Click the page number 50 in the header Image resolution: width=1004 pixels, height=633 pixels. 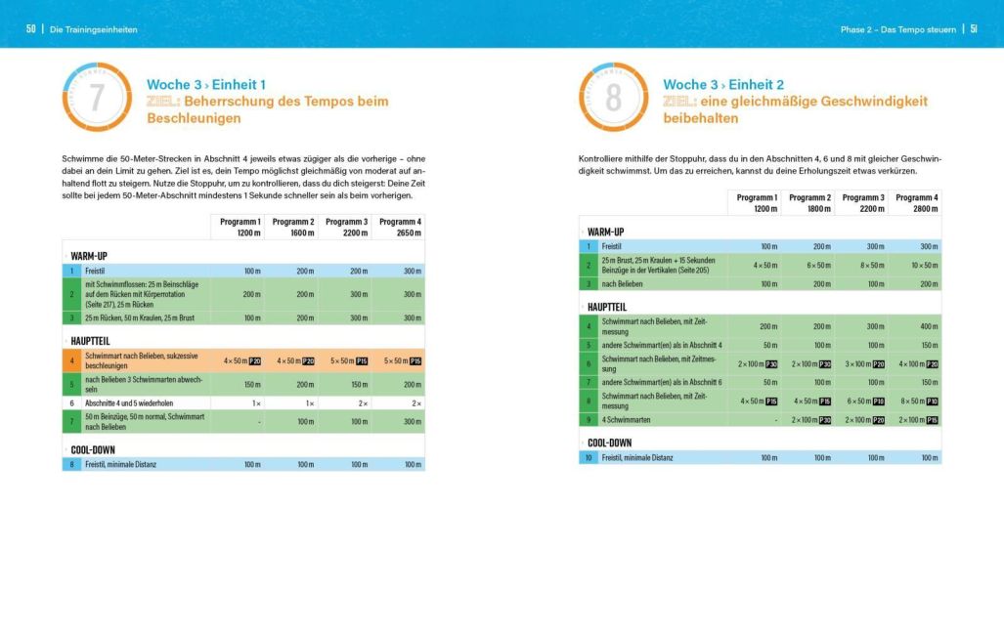coord(31,29)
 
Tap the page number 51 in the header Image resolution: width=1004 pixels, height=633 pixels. coord(974,29)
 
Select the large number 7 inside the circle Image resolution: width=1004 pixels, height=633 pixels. coord(96,98)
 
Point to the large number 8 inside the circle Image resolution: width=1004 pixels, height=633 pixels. coord(613,98)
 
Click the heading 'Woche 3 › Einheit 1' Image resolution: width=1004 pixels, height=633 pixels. coord(205,85)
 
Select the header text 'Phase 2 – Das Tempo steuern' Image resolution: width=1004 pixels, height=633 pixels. coord(897,29)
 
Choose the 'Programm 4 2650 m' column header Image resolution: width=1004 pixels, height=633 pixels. coord(400,228)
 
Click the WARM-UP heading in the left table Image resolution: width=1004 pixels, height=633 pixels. coord(89,256)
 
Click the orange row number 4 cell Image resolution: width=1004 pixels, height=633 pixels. coord(71,360)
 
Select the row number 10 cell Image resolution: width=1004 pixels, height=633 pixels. coord(589,457)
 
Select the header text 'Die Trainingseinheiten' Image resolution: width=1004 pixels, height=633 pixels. coord(94,29)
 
